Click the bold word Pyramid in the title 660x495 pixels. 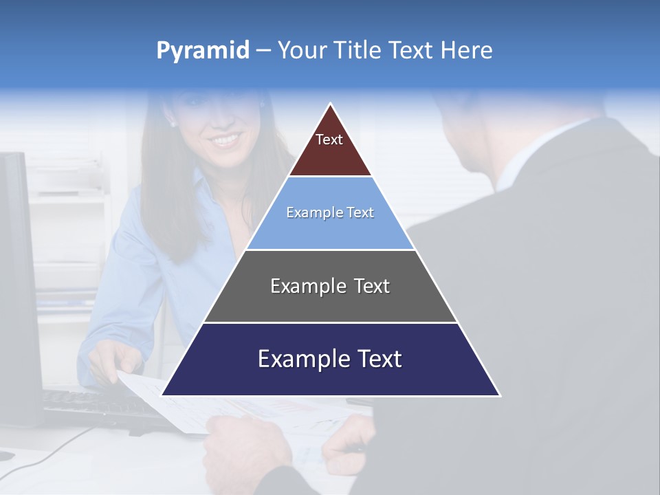203,51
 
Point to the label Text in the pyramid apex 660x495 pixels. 329,140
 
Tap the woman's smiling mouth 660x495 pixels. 225,140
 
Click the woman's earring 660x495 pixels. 173,124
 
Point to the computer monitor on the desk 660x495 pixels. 17,275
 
